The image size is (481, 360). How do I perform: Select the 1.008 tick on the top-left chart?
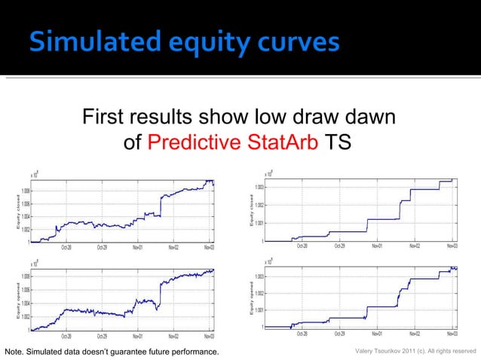[x=25, y=191]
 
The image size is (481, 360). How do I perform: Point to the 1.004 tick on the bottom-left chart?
[x=25, y=304]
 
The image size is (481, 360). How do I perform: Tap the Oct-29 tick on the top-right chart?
[x=339, y=246]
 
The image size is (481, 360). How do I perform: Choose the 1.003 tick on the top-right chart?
[x=259, y=187]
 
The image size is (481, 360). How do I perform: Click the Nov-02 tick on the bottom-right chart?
[x=415, y=333]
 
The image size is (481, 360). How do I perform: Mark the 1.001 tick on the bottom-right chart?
[x=259, y=310]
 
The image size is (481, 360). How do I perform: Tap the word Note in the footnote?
[x=14, y=352]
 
